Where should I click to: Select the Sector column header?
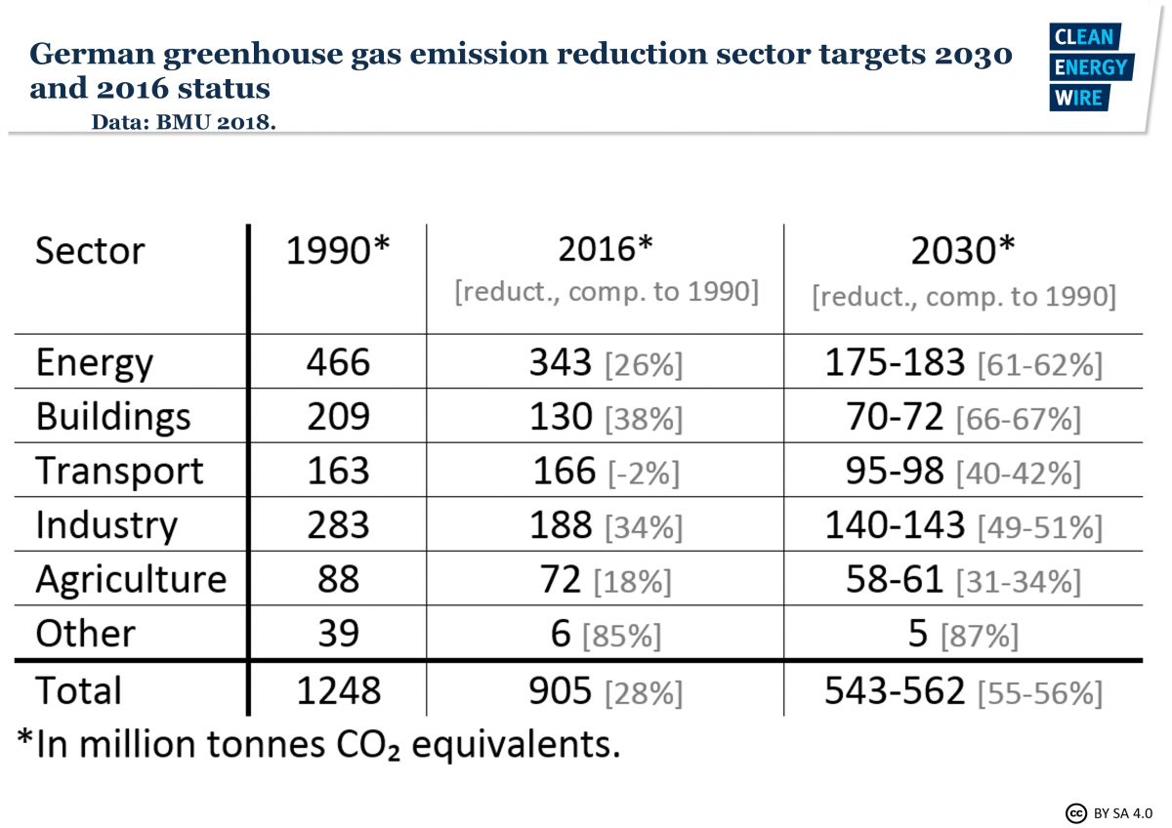(90, 251)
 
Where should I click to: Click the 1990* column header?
(337, 251)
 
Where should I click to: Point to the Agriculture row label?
(131, 580)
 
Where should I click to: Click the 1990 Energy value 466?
(337, 363)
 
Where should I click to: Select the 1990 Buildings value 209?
(337, 417)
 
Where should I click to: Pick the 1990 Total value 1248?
(337, 691)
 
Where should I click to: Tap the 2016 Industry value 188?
(563, 525)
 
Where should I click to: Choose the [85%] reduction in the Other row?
(621, 637)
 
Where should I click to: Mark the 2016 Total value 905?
(563, 691)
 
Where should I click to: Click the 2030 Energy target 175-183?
(895, 363)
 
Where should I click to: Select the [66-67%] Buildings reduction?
(1018, 419)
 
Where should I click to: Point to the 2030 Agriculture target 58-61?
(895, 580)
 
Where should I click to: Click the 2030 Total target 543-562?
(895, 691)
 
